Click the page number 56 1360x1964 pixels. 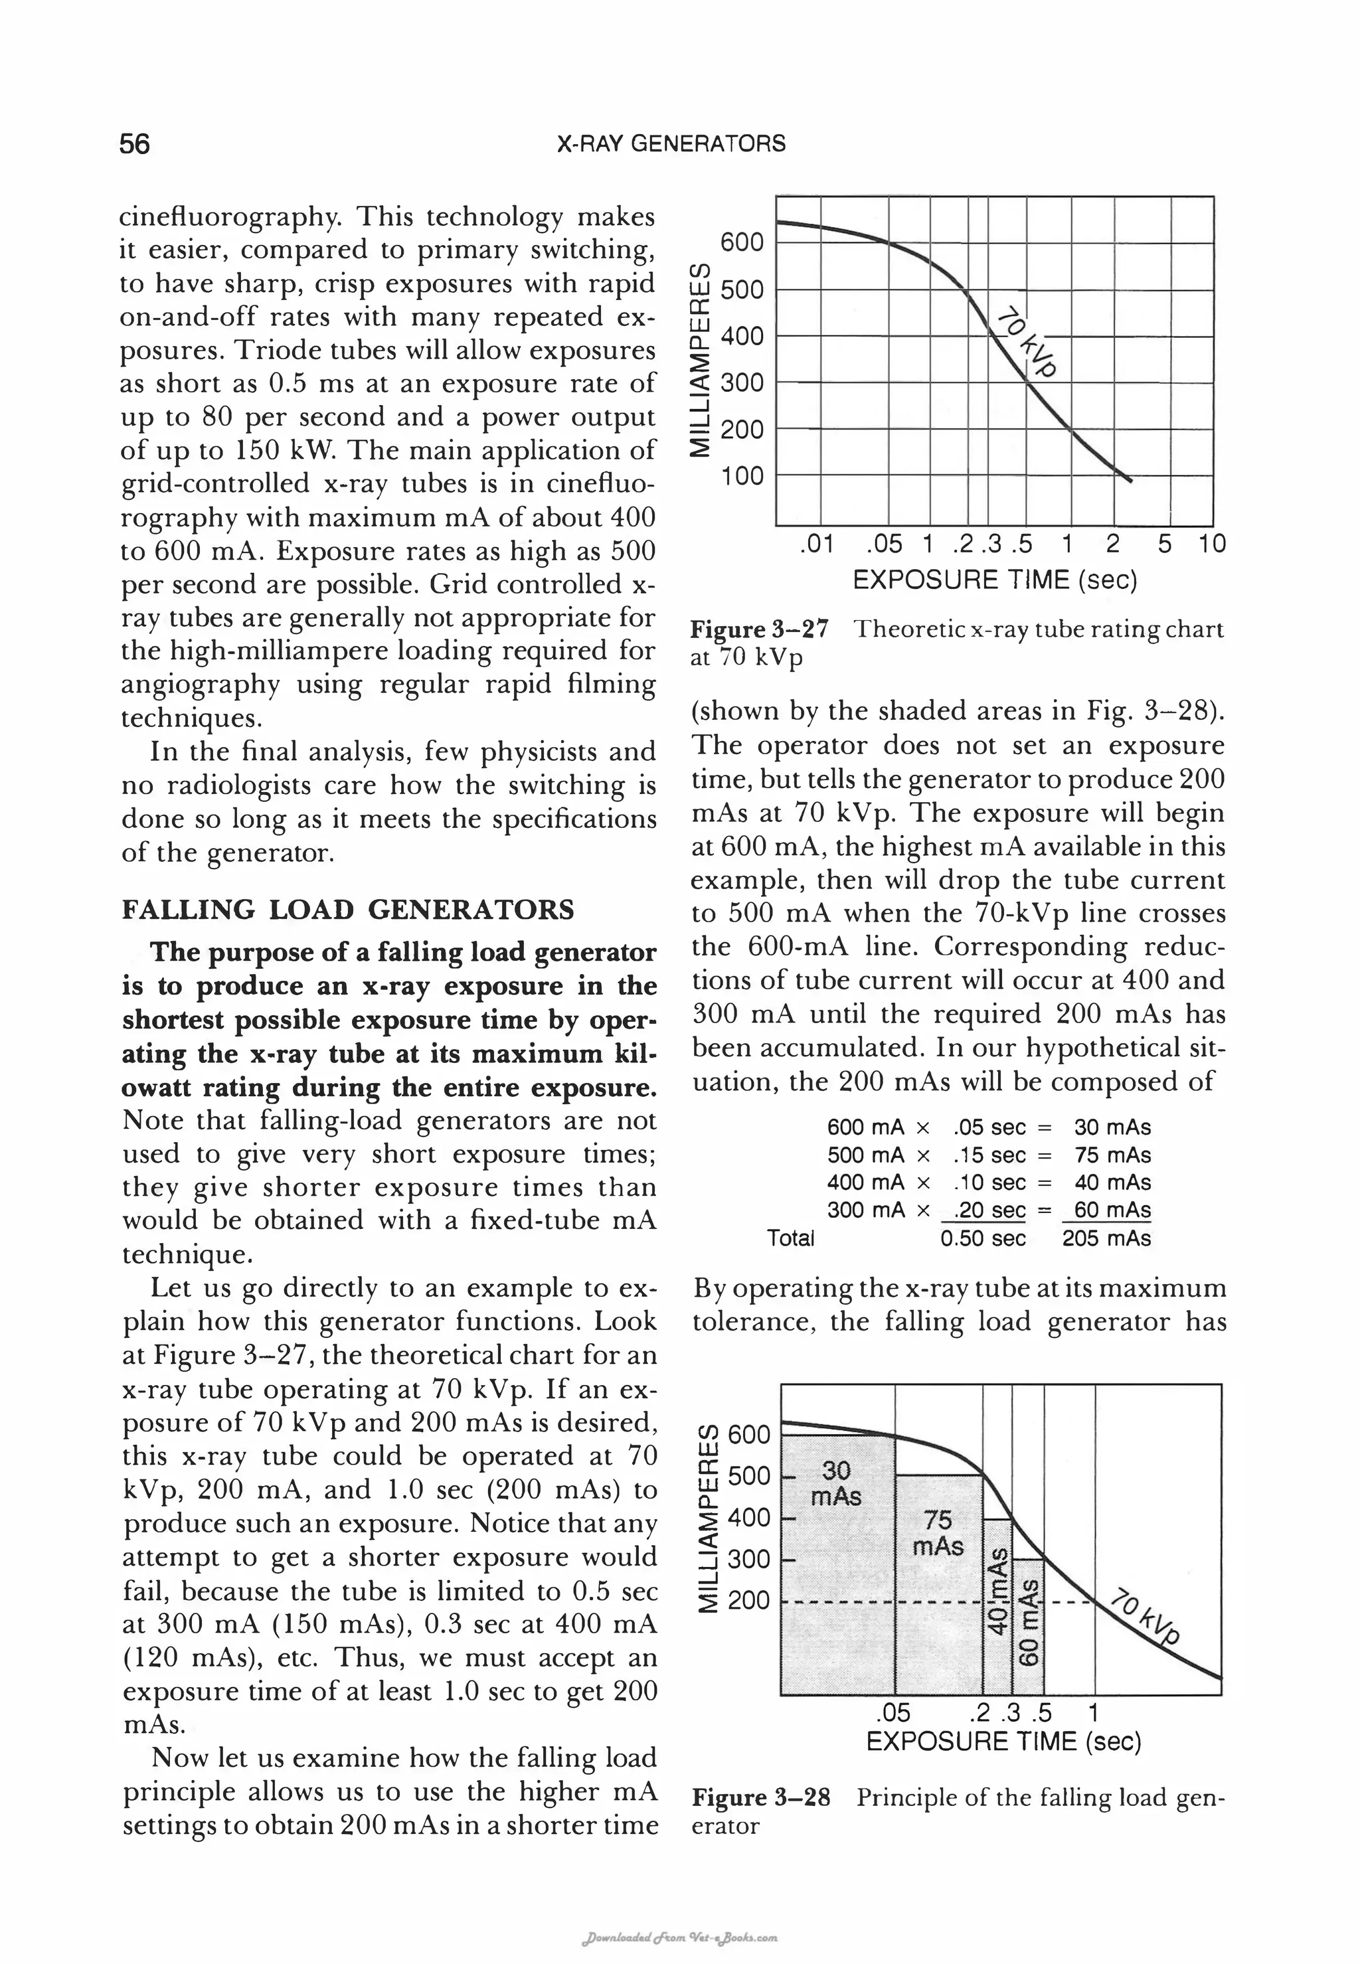pyautogui.click(x=135, y=144)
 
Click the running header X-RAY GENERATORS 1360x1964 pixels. pyautogui.click(x=671, y=143)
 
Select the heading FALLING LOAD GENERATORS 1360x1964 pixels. pyautogui.click(x=348, y=910)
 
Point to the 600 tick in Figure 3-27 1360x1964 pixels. pyautogui.click(x=741, y=243)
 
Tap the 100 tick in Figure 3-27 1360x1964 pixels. pyautogui.click(x=741, y=475)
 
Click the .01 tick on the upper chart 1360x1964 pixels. pyautogui.click(x=817, y=544)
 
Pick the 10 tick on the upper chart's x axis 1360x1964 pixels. pyautogui.click(x=1211, y=544)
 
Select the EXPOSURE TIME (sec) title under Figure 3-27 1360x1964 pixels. pyautogui.click(x=995, y=580)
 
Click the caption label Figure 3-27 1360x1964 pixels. pyautogui.click(x=758, y=629)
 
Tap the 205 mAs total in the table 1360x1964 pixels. pyautogui.click(x=1106, y=1238)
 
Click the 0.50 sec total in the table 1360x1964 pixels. pyautogui.click(x=983, y=1238)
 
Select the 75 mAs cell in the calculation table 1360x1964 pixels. pyautogui.click(x=1112, y=1155)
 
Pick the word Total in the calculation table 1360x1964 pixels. pyautogui.click(x=790, y=1238)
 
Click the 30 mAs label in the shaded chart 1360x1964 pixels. pyautogui.click(x=836, y=1483)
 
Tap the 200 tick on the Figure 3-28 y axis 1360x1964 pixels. pyautogui.click(x=748, y=1601)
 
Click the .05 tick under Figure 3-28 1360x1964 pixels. pyautogui.click(x=893, y=1712)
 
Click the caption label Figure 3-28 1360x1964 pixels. pyautogui.click(x=760, y=1798)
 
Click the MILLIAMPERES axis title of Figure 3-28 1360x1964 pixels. pyautogui.click(x=707, y=1518)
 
